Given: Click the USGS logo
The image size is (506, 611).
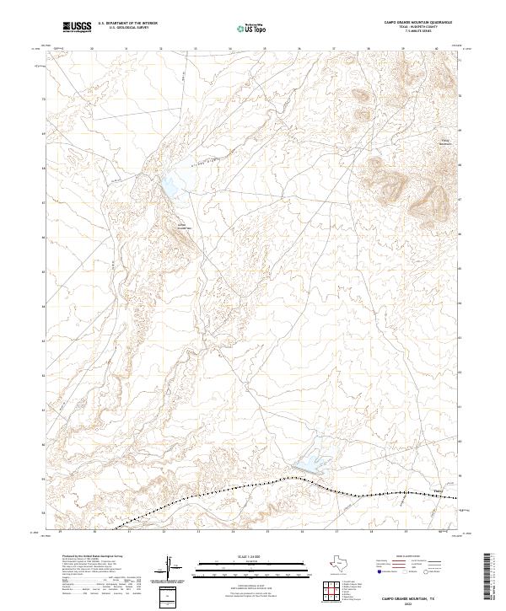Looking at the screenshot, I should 78,28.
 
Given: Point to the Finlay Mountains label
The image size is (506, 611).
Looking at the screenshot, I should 444,142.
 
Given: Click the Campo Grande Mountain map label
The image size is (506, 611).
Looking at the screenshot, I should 185,226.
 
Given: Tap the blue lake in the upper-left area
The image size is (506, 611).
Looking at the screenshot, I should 175,184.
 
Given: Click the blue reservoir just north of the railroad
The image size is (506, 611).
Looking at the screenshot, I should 313,461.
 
